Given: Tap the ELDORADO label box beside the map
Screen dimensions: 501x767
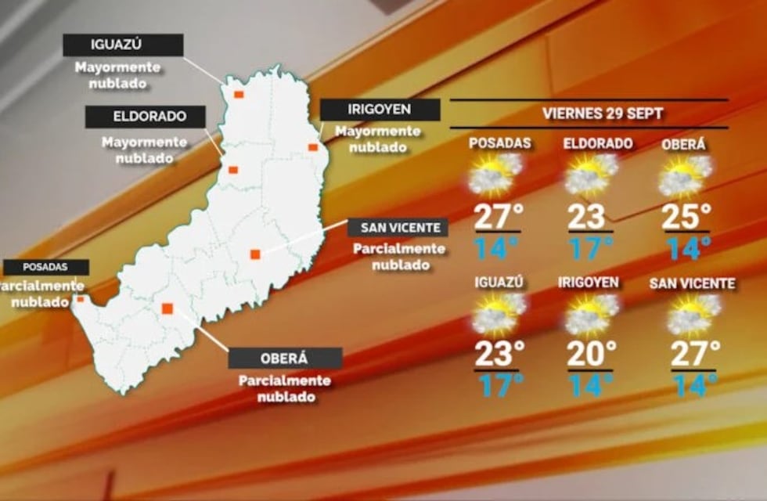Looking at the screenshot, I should [x=146, y=117].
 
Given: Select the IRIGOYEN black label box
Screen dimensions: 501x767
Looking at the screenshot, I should [x=380, y=110].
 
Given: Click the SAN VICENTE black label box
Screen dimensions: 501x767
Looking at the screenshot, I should [x=398, y=228].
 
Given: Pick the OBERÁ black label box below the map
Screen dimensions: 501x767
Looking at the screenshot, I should [x=285, y=358].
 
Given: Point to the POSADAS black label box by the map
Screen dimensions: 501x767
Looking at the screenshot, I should [x=45, y=267].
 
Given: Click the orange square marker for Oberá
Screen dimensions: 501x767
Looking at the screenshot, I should [x=167, y=308].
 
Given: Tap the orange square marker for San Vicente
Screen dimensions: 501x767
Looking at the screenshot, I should [x=254, y=254].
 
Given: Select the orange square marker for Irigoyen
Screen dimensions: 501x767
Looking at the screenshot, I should [x=312, y=147].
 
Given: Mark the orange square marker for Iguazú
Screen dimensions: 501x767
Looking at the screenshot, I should [x=239, y=95].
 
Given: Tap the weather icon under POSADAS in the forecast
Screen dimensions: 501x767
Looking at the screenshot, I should [x=495, y=175].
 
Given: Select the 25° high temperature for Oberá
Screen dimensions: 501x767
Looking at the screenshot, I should [x=686, y=217].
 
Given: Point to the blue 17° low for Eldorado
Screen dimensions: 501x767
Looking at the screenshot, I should [x=590, y=248].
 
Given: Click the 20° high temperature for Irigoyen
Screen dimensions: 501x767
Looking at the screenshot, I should [x=591, y=354].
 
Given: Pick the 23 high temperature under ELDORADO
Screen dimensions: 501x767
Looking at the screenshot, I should [x=587, y=217].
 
